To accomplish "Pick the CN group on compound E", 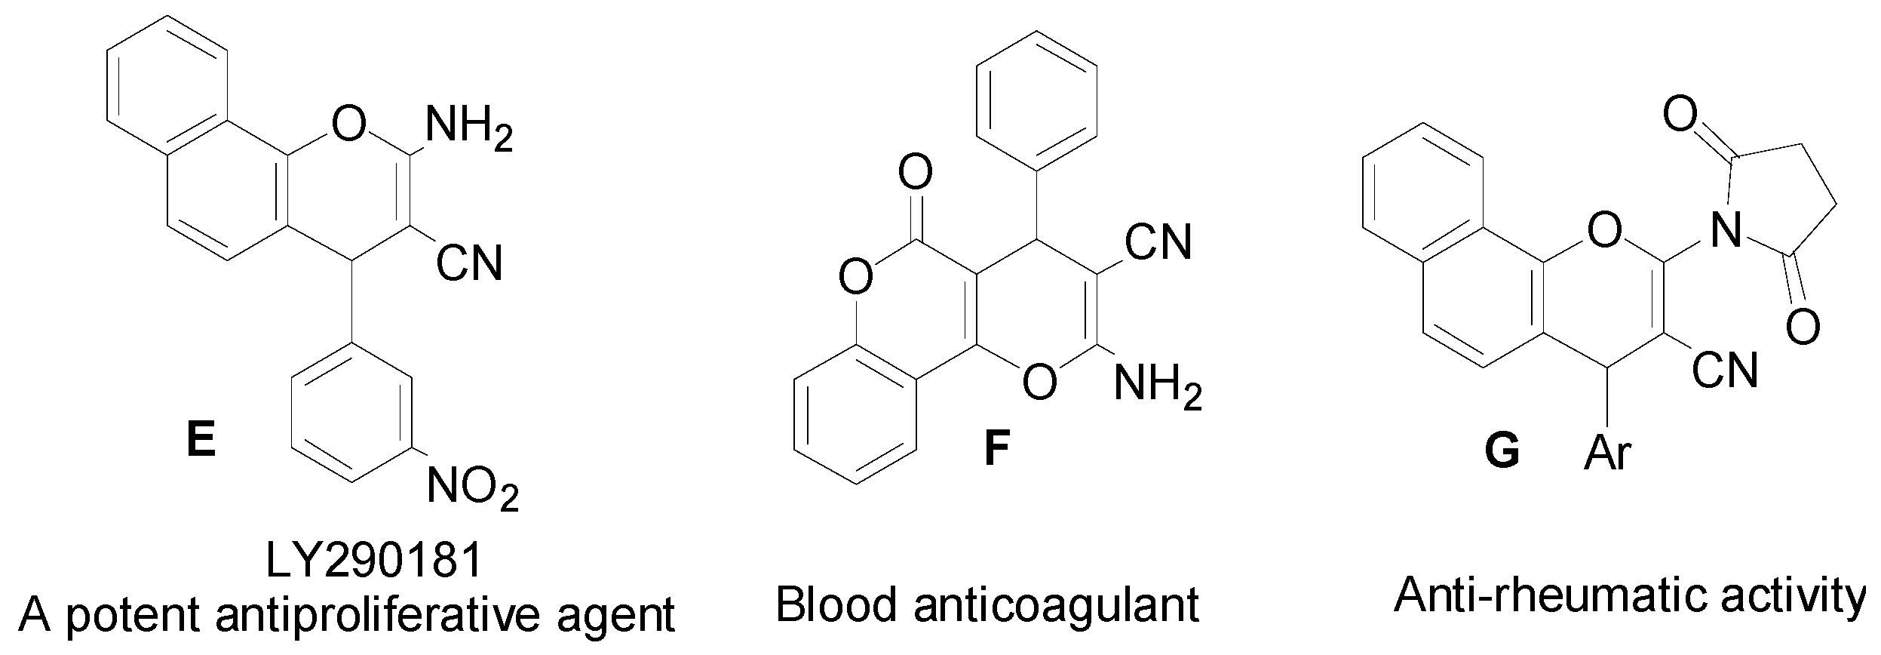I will (469, 263).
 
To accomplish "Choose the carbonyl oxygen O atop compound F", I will (915, 173).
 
